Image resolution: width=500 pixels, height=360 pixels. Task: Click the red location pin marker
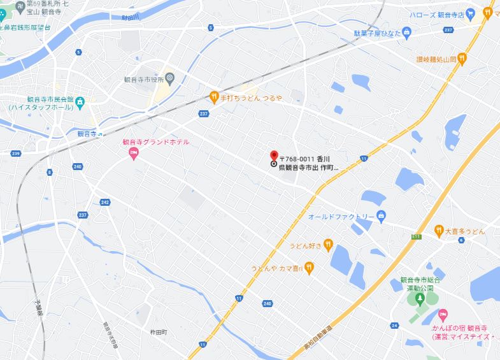coord(274,155)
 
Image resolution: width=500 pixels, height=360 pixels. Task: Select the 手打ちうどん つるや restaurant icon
coord(215,97)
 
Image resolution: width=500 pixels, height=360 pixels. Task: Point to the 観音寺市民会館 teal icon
coord(80,101)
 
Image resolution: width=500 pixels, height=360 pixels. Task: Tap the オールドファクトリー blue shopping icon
coord(381,217)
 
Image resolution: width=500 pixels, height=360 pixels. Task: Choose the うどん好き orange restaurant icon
coord(328,243)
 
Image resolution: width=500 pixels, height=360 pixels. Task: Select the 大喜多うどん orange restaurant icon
coord(439,231)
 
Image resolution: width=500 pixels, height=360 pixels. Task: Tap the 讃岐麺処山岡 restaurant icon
coord(462,59)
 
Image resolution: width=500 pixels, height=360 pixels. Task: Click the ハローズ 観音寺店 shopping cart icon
coord(470,13)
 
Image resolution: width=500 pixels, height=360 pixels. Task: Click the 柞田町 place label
coord(158,332)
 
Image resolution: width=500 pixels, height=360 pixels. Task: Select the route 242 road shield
coord(105,202)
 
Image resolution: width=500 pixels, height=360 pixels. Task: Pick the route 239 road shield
coord(16,154)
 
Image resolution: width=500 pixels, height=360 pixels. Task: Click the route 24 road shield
coord(395,326)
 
